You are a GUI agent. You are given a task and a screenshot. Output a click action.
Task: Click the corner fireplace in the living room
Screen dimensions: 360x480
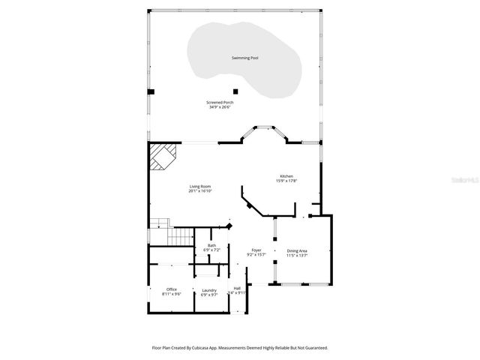pyautogui.click(x=160, y=157)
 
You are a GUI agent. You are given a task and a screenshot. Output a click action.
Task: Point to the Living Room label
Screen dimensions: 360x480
pyautogui.click(x=199, y=186)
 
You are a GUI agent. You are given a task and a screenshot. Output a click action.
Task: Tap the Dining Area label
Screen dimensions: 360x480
pyautogui.click(x=297, y=250)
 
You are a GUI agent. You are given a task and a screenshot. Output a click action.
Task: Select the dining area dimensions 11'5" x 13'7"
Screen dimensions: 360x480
pyautogui.click(x=297, y=255)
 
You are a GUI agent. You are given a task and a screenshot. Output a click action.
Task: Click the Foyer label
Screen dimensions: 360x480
pyautogui.click(x=256, y=250)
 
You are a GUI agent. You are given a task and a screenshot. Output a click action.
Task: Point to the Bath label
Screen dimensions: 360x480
pyautogui.click(x=211, y=244)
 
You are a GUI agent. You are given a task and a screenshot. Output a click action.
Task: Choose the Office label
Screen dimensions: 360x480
pyautogui.click(x=172, y=289)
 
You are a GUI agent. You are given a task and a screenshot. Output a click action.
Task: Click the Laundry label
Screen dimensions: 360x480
pyautogui.click(x=209, y=289)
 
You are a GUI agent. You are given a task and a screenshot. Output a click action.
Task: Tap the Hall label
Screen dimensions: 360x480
pyautogui.click(x=237, y=288)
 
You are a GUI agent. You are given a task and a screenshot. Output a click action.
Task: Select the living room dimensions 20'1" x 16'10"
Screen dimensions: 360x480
pyautogui.click(x=199, y=190)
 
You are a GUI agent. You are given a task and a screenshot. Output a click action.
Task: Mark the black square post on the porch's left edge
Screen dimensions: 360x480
pyautogui.click(x=151, y=91)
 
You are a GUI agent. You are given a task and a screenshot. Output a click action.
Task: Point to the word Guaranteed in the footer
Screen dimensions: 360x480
pyautogui.click(x=312, y=348)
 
